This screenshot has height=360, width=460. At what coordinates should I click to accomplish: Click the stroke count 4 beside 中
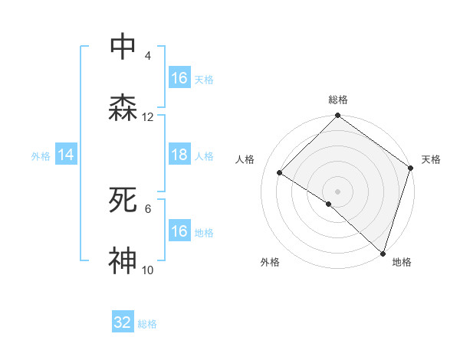148,56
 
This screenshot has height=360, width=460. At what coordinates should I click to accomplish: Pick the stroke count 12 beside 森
148,117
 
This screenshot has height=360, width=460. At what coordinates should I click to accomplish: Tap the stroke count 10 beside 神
148,270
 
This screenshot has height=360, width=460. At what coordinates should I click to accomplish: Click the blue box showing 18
179,155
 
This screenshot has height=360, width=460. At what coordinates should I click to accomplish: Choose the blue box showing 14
66,155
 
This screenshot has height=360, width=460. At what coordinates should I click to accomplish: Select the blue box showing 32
123,322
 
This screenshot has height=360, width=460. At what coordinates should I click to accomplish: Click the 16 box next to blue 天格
179,78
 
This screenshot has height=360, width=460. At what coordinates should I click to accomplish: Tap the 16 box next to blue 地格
179,231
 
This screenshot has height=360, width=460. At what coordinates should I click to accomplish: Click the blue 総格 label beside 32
148,324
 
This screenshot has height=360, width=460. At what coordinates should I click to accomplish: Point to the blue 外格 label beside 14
41,156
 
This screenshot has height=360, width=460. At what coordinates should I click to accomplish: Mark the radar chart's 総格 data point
337,116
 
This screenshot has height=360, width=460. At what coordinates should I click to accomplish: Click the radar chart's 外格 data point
328,204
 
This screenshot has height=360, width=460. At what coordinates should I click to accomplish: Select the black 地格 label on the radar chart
402,262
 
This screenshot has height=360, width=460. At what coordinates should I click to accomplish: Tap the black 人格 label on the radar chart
245,159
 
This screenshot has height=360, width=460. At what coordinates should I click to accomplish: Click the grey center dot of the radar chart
337,191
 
